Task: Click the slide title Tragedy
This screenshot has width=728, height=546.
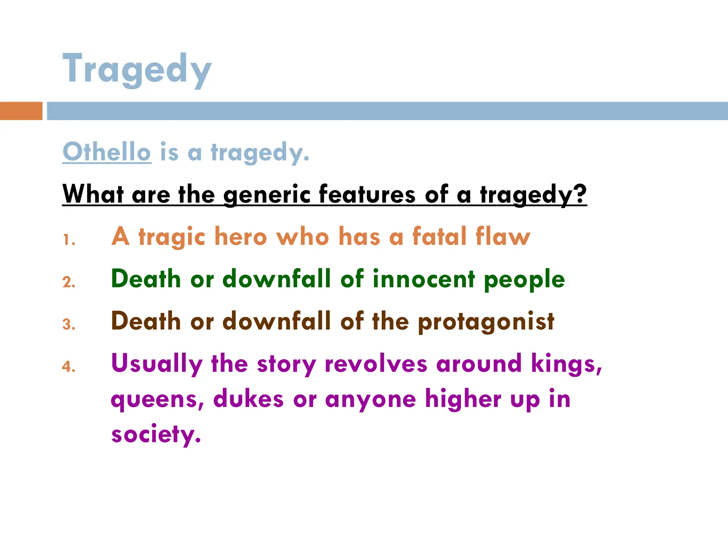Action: [x=137, y=69]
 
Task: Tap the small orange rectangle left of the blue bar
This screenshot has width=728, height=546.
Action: [x=21, y=111]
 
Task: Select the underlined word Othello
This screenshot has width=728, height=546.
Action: [x=107, y=152]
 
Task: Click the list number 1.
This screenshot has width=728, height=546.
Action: [x=69, y=240]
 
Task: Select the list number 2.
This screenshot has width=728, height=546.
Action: [x=69, y=283]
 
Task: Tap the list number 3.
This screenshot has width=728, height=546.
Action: [x=69, y=325]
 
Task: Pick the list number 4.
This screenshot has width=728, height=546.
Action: [x=69, y=367]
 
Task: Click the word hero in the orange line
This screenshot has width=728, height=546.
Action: [x=240, y=236]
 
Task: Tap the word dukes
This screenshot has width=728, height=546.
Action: [x=248, y=399]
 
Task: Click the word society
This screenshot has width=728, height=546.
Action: [x=156, y=434]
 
